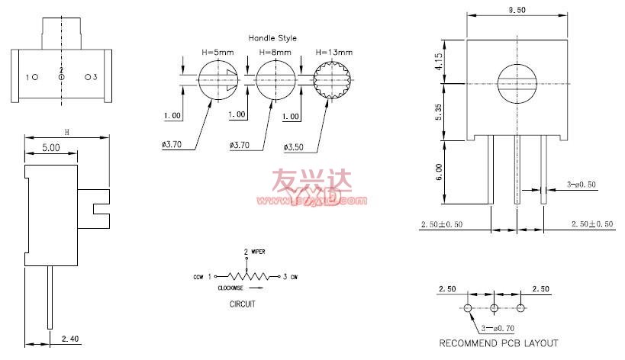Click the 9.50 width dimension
pos(517,11)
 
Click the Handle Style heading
pos(272,38)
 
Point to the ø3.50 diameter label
pos(295,146)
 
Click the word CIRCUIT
pos(243,304)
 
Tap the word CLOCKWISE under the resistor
pos(231,288)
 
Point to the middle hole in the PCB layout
pos(495,308)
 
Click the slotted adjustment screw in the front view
pos(517,83)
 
